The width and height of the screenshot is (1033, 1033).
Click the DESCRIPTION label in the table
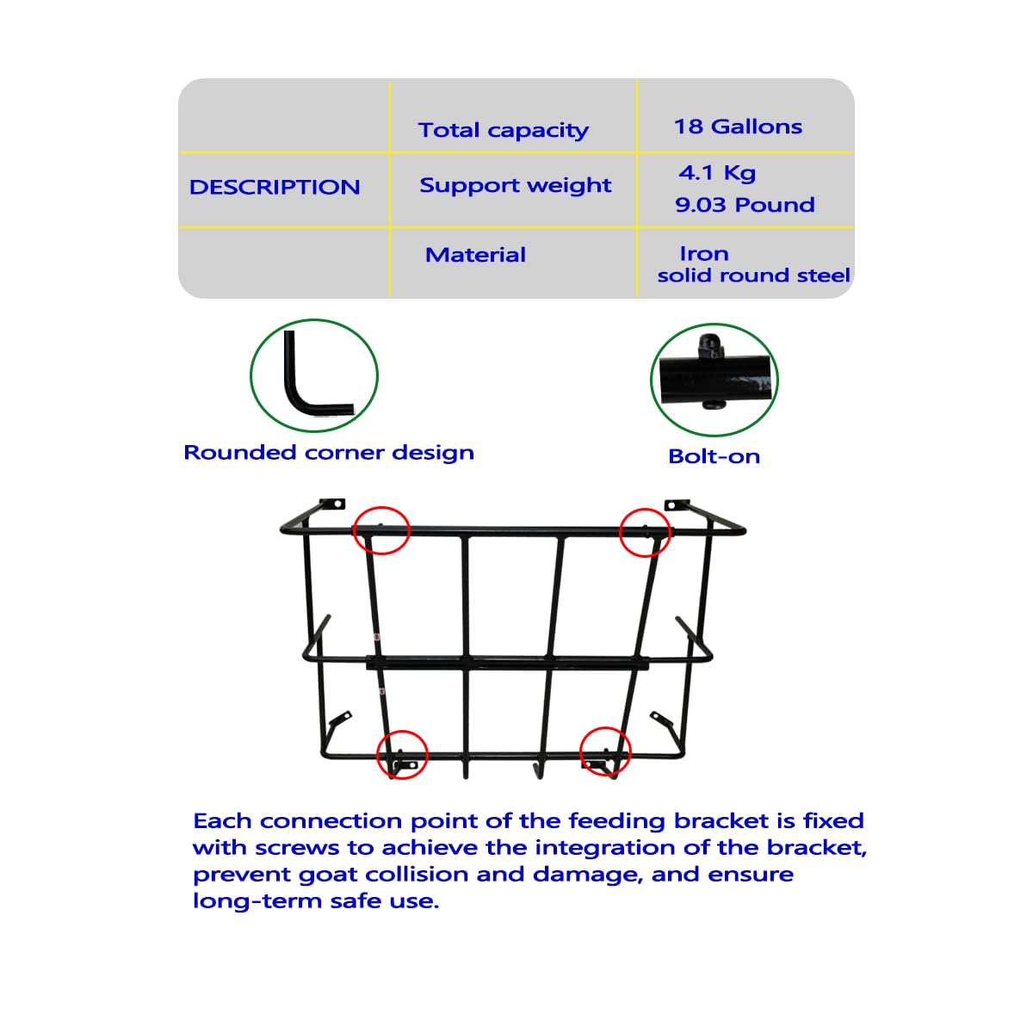click(275, 187)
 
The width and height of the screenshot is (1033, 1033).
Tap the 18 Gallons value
click(738, 127)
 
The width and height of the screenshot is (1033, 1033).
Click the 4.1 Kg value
click(717, 173)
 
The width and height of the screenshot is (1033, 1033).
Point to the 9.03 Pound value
click(745, 204)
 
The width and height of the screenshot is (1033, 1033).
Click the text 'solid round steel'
click(753, 275)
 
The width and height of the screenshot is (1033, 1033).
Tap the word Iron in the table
click(704, 253)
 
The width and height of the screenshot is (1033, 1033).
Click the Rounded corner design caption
click(329, 453)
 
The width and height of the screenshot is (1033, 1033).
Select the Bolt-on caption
click(714, 456)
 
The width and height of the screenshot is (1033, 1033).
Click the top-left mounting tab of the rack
click(331, 504)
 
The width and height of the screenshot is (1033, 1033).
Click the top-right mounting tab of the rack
click(677, 504)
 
